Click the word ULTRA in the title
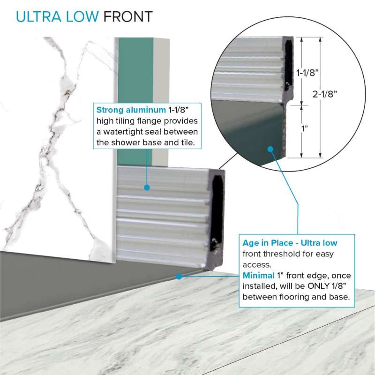pyautogui.click(x=38, y=17)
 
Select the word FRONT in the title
pyautogui.click(x=128, y=17)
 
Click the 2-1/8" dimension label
pyautogui.click(x=324, y=94)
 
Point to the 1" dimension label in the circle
pyautogui.click(x=304, y=128)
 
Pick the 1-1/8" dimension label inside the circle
pyautogui.click(x=307, y=73)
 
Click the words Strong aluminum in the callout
pyautogui.click(x=131, y=110)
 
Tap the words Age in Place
pyautogui.click(x=268, y=243)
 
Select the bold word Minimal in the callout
pyautogui.click(x=259, y=276)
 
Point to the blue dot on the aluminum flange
pyautogui.click(x=147, y=188)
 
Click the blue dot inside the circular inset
pyautogui.click(x=270, y=150)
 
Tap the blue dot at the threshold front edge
pyautogui.click(x=179, y=277)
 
